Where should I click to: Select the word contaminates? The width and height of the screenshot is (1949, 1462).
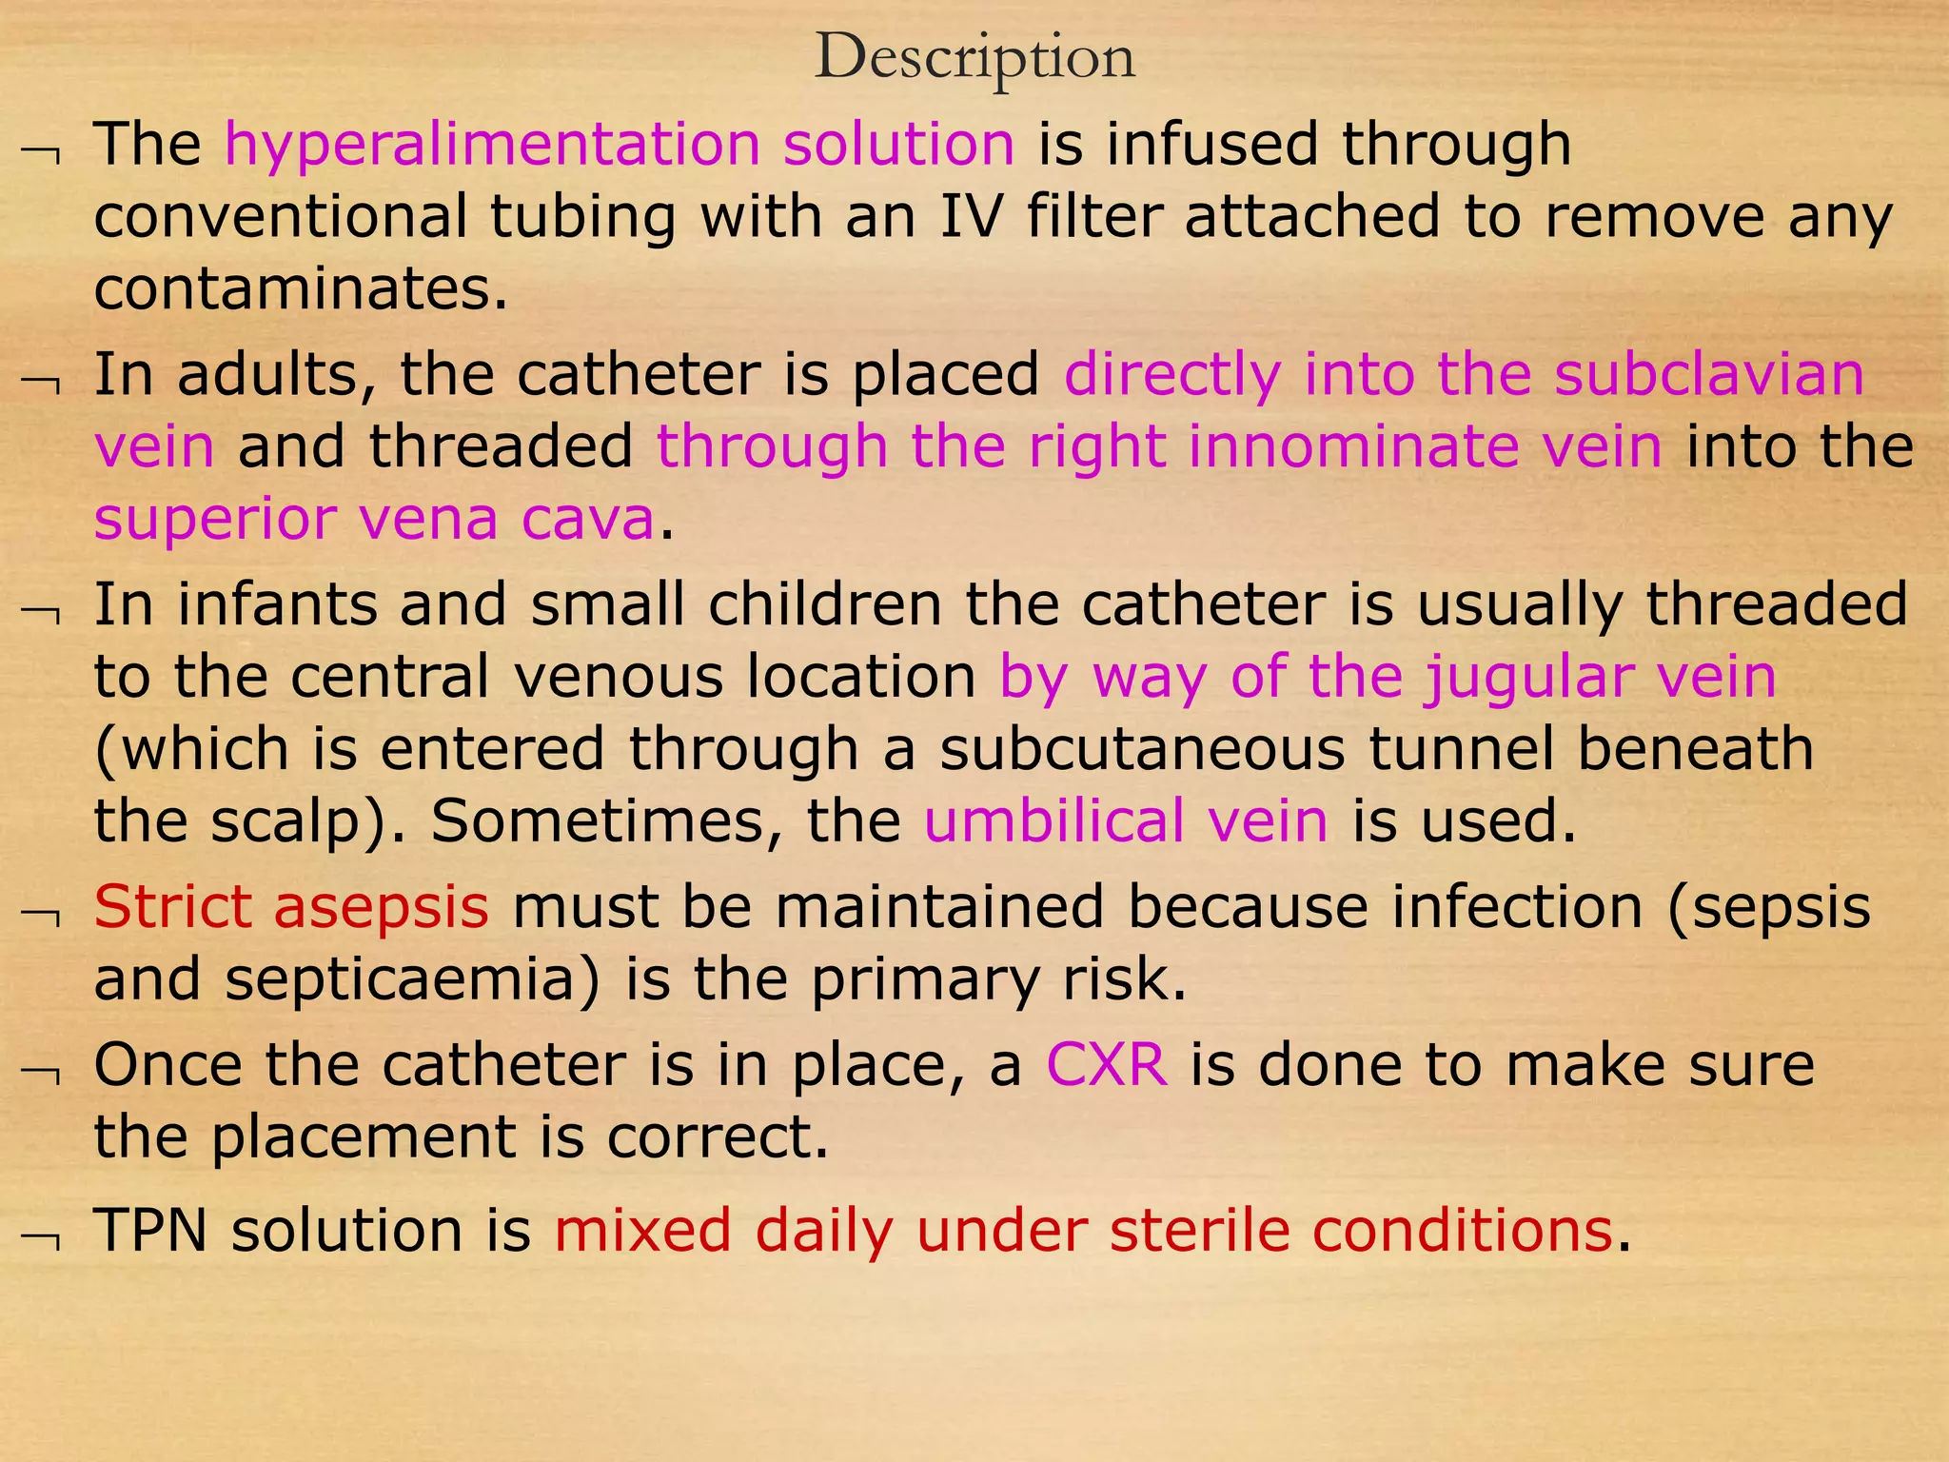pyautogui.click(x=301, y=289)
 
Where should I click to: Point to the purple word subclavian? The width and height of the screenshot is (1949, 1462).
pyautogui.click(x=1709, y=375)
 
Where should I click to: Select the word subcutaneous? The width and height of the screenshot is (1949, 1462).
pyautogui.click(x=1142, y=750)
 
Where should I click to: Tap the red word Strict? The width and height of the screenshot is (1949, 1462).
pyautogui.click(x=172, y=907)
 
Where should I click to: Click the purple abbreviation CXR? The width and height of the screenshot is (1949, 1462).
pyautogui.click(x=1107, y=1065)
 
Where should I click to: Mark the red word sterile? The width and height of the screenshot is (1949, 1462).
pyautogui.click(x=1200, y=1231)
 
